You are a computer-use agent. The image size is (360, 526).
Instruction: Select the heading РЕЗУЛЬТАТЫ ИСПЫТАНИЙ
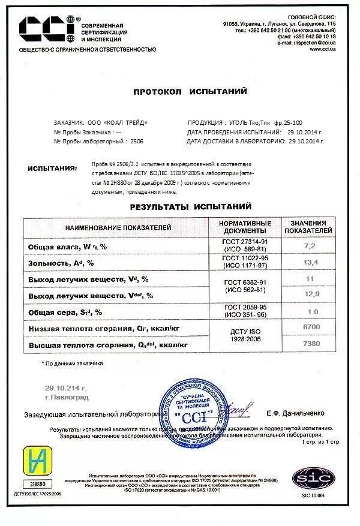190,206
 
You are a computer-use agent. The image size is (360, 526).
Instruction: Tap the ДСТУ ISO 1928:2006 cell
247,335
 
